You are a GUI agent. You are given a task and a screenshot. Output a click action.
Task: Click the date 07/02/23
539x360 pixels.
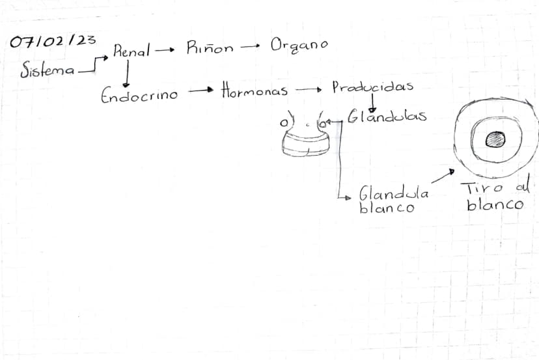53,41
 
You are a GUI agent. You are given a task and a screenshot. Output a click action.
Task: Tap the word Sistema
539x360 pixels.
47,70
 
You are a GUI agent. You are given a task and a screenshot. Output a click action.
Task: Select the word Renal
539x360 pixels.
131,51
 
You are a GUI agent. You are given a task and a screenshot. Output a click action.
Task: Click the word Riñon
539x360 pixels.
210,48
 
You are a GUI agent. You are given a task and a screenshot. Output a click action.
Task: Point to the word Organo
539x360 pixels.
299,46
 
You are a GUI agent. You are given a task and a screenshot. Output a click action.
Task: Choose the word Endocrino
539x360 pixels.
139,94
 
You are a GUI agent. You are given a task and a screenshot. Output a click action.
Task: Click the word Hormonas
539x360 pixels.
255,90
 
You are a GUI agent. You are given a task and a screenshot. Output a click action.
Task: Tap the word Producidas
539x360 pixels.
372,87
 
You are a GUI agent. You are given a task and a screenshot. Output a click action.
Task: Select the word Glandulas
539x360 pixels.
387,117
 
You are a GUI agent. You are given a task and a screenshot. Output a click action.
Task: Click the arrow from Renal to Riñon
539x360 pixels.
165,50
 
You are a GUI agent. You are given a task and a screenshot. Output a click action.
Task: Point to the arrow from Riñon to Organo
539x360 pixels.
250,46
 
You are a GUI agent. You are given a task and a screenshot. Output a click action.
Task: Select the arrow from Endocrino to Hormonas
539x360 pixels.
200,90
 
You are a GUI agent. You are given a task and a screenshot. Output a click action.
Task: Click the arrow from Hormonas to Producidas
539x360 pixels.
309,90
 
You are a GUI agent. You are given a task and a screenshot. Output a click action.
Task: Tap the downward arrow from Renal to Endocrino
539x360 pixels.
127,74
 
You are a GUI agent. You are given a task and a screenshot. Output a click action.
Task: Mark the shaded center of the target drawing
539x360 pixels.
495,139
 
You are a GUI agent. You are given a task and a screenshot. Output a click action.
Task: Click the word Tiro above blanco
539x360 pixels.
482,188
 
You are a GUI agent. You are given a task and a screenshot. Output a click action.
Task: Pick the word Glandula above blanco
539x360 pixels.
394,193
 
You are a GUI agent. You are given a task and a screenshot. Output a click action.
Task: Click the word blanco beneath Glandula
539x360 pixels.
387,207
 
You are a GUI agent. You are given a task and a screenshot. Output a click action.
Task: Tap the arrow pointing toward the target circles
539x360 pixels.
443,176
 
